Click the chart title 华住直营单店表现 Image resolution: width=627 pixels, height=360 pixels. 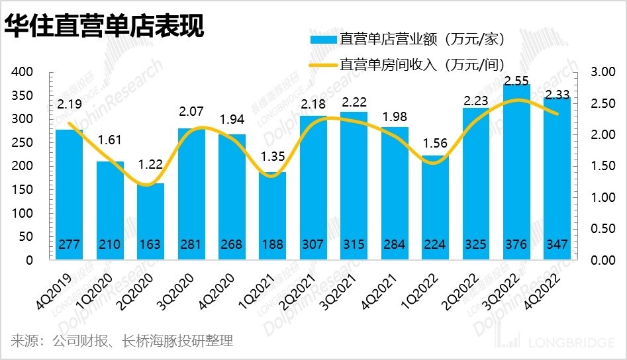103,27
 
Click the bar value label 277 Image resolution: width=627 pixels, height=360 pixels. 69,245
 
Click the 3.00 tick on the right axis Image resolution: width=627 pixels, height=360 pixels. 598,72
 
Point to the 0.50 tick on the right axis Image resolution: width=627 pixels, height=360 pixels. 598,229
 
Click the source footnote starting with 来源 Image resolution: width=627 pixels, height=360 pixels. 122,341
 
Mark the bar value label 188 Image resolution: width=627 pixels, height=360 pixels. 272,245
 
